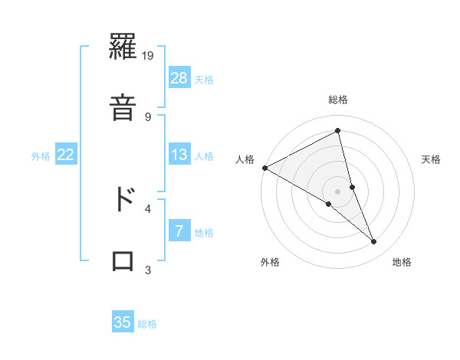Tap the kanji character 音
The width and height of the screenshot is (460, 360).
coord(123,105)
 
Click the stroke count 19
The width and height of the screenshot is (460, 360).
coord(149,56)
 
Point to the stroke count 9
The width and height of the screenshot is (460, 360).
coord(148,116)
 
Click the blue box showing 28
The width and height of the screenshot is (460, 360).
coord(179,78)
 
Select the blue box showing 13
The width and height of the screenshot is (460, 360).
coord(179,155)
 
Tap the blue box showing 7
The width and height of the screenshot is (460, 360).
coord(179,231)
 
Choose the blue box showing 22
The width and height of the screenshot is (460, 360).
coord(66,155)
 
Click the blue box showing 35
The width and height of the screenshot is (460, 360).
coord(123,322)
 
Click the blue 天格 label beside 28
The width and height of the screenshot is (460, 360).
coord(204,79)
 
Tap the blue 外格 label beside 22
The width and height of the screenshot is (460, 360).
coord(41,155)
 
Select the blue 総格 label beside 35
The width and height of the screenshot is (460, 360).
coord(147,323)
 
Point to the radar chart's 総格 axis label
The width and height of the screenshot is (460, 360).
coord(338,100)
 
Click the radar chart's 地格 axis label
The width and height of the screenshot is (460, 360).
coord(402,262)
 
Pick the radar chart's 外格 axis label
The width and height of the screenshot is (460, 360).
coord(270,262)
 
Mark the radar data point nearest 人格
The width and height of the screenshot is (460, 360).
coord(264,168)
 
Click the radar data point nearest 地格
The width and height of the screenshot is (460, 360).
coord(374,242)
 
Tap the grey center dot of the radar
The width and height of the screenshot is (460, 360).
coord(337,191)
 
